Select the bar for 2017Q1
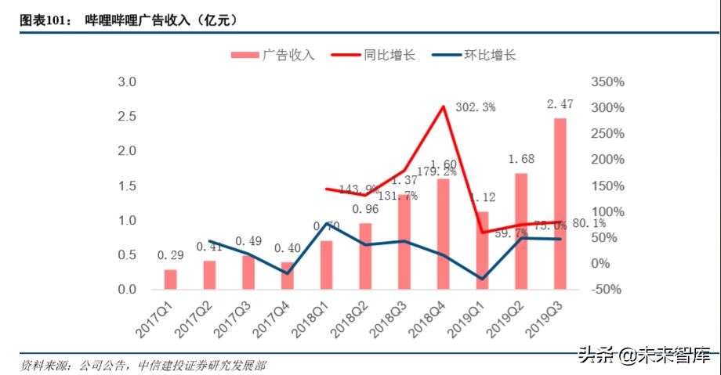(x=170, y=279)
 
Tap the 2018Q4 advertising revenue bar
(x=443, y=234)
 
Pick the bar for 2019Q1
(x=482, y=251)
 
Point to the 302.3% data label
(x=475, y=108)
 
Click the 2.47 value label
(x=561, y=104)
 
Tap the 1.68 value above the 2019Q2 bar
(x=522, y=158)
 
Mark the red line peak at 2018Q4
(x=444, y=106)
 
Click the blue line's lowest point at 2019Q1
(x=482, y=279)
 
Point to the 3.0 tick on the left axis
(x=127, y=82)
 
